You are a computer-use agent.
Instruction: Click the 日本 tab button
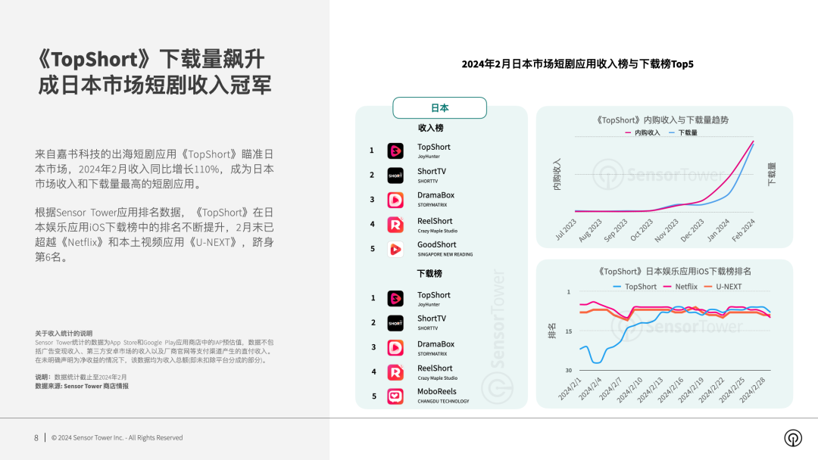439,108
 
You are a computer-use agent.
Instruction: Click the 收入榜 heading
430,128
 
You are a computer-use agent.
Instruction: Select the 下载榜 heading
429,273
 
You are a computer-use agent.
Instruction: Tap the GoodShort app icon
395,249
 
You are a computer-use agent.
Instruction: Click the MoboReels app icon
395,396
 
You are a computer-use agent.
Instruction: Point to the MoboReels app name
437,391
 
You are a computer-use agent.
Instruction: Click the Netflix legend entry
680,287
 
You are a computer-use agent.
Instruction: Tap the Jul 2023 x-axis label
566,228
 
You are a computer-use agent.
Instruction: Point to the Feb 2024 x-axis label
743,228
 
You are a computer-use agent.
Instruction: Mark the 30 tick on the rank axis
569,370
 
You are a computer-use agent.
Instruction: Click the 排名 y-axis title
551,331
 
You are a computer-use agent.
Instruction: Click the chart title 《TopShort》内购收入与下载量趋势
662,120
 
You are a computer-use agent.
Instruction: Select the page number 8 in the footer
36,437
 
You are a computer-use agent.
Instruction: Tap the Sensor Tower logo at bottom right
793,438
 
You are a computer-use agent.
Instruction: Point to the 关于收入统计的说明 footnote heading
64,334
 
